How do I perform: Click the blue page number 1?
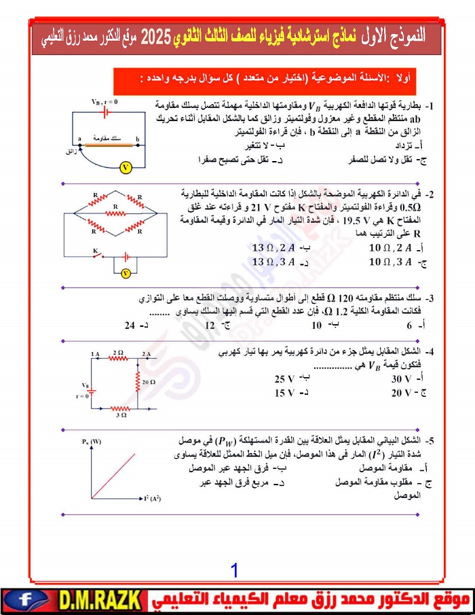pos(234,569)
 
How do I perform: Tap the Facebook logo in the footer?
pos(25,601)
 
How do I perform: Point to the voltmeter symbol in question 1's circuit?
pos(125,165)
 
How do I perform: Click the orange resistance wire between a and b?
pos(109,143)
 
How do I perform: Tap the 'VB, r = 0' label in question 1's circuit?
pos(104,102)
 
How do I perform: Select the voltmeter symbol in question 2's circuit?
pos(125,273)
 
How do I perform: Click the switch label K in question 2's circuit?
pos(96,251)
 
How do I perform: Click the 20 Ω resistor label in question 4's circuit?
pos(149,383)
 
